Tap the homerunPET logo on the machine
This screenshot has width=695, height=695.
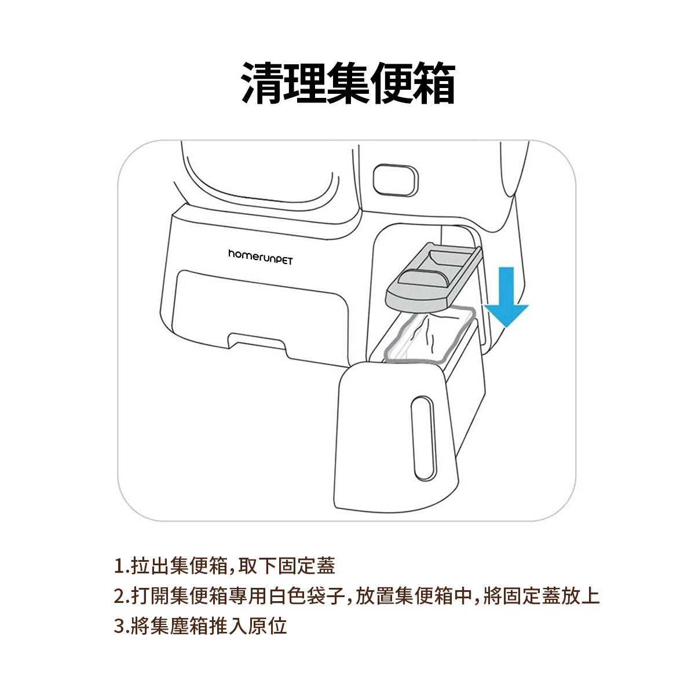[261, 257]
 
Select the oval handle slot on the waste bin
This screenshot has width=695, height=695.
[424, 438]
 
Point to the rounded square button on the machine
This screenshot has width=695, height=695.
[396, 180]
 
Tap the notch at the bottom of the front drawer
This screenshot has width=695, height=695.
[258, 342]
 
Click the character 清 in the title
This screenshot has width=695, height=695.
[262, 83]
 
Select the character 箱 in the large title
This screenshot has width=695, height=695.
[434, 83]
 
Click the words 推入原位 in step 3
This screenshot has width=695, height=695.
[248, 625]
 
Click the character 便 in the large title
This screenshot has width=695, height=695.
[391, 83]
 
